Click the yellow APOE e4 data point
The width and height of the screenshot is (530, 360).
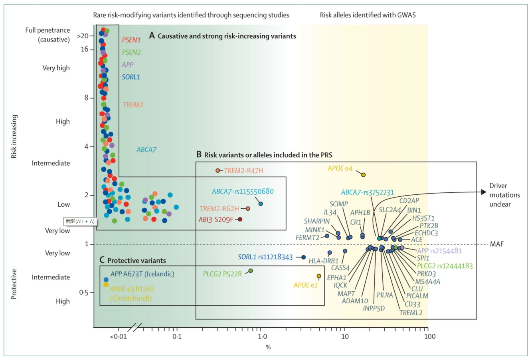[363, 175]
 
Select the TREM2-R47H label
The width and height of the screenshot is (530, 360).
[243, 171]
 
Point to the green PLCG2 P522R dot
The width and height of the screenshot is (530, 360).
[251, 271]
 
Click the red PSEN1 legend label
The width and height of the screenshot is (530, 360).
[131, 40]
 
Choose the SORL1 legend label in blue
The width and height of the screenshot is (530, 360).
[131, 77]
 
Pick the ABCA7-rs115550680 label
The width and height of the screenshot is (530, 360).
[243, 192]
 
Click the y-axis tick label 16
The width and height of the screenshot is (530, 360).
[84, 49]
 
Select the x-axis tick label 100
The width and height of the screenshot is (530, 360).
[429, 336]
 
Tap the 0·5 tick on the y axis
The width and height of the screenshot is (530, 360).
[83, 293]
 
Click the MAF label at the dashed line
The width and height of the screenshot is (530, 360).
[496, 244]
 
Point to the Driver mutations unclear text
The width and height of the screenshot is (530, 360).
[504, 195]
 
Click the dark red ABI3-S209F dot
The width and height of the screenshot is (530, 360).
[240, 219]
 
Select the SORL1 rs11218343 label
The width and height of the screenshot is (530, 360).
[265, 257]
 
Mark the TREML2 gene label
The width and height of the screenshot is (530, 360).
[411, 313]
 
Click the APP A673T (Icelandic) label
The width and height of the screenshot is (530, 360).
[142, 274]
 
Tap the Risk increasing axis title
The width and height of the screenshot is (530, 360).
[14, 136]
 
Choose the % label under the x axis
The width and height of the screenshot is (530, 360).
[268, 347]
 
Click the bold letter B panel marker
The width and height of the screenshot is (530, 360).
[199, 154]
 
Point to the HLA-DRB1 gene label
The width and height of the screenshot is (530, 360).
[323, 261]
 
